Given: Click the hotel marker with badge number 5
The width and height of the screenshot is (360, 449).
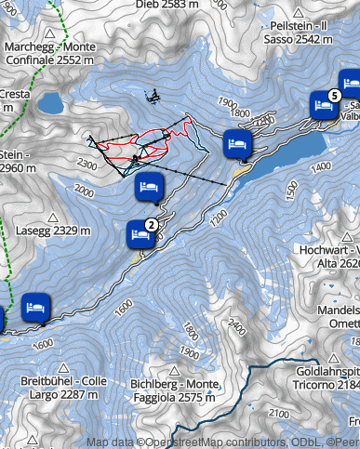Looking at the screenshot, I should [x=325, y=106].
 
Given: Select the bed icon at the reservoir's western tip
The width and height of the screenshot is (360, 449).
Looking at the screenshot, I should [x=237, y=144].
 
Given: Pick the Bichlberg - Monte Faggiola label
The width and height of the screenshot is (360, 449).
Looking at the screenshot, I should [x=174, y=390].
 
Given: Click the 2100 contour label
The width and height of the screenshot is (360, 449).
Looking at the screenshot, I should [x=277, y=412].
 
